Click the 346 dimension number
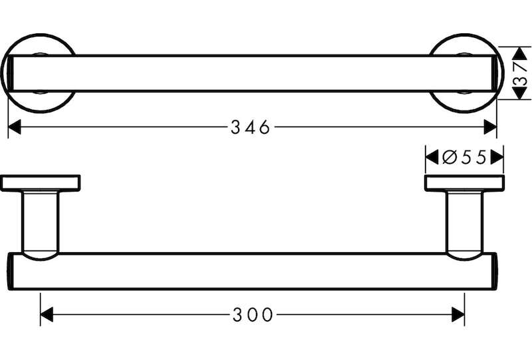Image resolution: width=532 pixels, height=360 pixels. point(251,127)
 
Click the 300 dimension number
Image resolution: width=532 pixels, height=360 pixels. point(253,315)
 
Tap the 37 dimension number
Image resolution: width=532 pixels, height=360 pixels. point(520,73)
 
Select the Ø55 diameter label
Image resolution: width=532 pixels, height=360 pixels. point(464,157)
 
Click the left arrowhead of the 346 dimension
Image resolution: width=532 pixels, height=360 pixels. point(14,127)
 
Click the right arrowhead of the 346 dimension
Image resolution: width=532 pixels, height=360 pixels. point(490,127)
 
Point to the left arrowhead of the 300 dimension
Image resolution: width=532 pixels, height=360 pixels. point(47,315)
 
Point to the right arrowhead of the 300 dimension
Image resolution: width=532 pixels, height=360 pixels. point(458,315)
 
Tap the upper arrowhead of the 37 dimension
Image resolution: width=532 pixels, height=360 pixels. point(519,53)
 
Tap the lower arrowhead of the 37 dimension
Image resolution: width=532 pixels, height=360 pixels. point(519,93)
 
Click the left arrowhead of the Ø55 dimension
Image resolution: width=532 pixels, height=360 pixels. point(432,158)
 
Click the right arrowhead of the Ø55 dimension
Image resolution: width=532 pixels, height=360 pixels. point(497,158)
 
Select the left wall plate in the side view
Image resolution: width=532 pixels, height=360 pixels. point(41,183)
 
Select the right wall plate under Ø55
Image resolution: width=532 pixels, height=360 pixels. point(464,183)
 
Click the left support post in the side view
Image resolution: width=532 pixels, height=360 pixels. point(41,225)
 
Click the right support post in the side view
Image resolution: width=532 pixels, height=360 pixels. point(464,225)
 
